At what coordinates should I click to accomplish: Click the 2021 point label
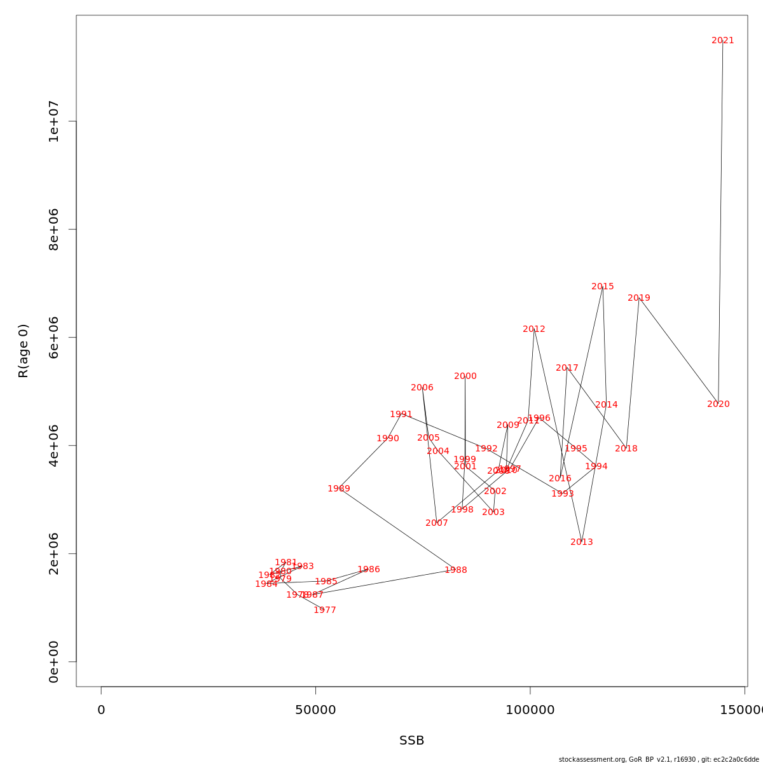tap(722, 41)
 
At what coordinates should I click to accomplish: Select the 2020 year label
tap(718, 404)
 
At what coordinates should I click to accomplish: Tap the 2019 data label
tap(638, 298)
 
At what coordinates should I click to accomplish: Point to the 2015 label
tap(602, 287)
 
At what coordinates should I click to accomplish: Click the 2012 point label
tap(533, 329)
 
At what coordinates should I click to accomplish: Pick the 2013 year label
tap(581, 542)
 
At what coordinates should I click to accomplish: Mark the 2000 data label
tap(465, 376)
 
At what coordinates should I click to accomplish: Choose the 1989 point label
tap(338, 489)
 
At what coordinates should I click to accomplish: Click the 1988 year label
tap(455, 570)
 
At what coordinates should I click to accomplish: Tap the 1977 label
tap(324, 610)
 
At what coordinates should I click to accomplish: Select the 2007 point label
tap(436, 523)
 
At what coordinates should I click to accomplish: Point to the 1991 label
tap(401, 415)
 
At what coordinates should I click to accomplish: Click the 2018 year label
tap(626, 449)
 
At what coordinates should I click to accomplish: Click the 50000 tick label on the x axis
tap(315, 710)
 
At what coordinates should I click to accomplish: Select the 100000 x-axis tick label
tap(530, 710)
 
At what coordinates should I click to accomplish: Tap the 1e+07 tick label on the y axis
tap(54, 121)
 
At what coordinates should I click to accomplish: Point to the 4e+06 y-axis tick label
tap(54, 446)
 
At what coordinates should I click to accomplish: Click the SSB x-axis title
tap(411, 741)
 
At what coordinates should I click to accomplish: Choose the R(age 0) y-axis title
tap(24, 351)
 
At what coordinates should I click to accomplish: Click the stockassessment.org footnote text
tap(659, 759)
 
